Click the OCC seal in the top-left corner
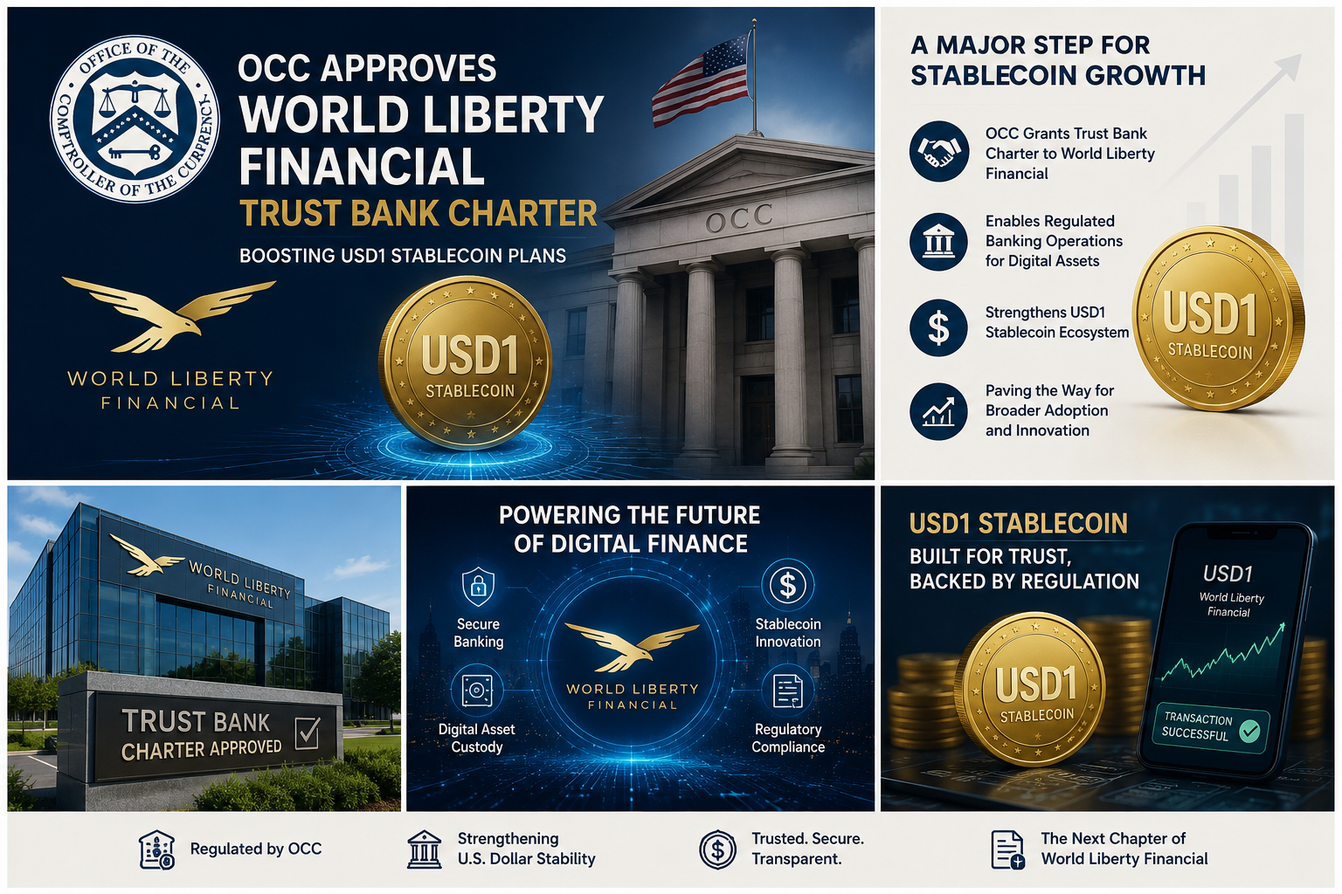click(135, 119)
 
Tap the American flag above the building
click(702, 79)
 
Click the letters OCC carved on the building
click(738, 218)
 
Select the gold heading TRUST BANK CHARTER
click(419, 212)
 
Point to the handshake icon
click(938, 152)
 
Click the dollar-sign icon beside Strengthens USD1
click(938, 327)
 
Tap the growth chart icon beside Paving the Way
click(938, 411)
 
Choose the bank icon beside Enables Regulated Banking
click(938, 241)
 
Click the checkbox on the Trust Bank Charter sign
click(308, 732)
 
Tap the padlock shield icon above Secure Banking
click(478, 586)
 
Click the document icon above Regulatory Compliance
click(788, 691)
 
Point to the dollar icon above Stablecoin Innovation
click(787, 584)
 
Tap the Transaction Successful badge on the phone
click(1212, 727)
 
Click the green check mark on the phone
click(1249, 731)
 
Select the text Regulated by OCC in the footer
click(256, 849)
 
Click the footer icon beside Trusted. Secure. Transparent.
click(717, 849)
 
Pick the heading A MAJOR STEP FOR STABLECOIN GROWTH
click(1057, 60)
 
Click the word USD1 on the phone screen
click(1228, 574)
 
